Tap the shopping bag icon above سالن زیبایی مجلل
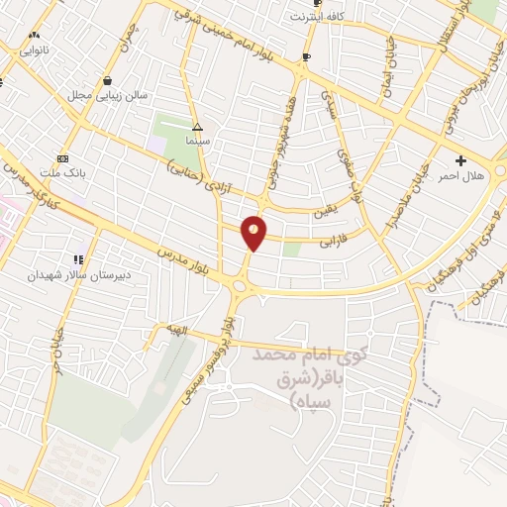107,80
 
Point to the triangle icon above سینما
197,128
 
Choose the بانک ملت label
66,172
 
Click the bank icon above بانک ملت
63,158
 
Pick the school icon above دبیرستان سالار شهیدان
78,259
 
